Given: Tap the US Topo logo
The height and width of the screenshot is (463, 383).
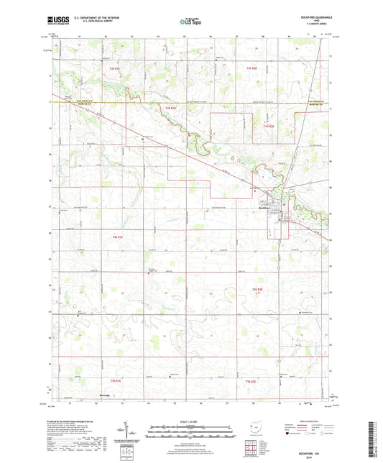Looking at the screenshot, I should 191,23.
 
